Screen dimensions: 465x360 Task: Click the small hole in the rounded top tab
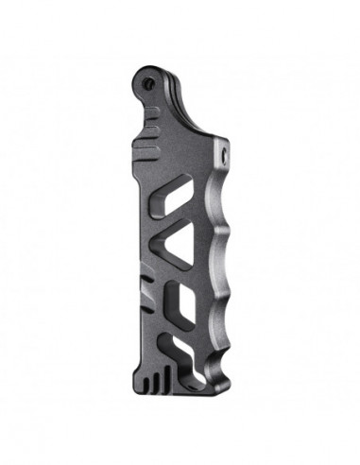click(148, 81)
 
